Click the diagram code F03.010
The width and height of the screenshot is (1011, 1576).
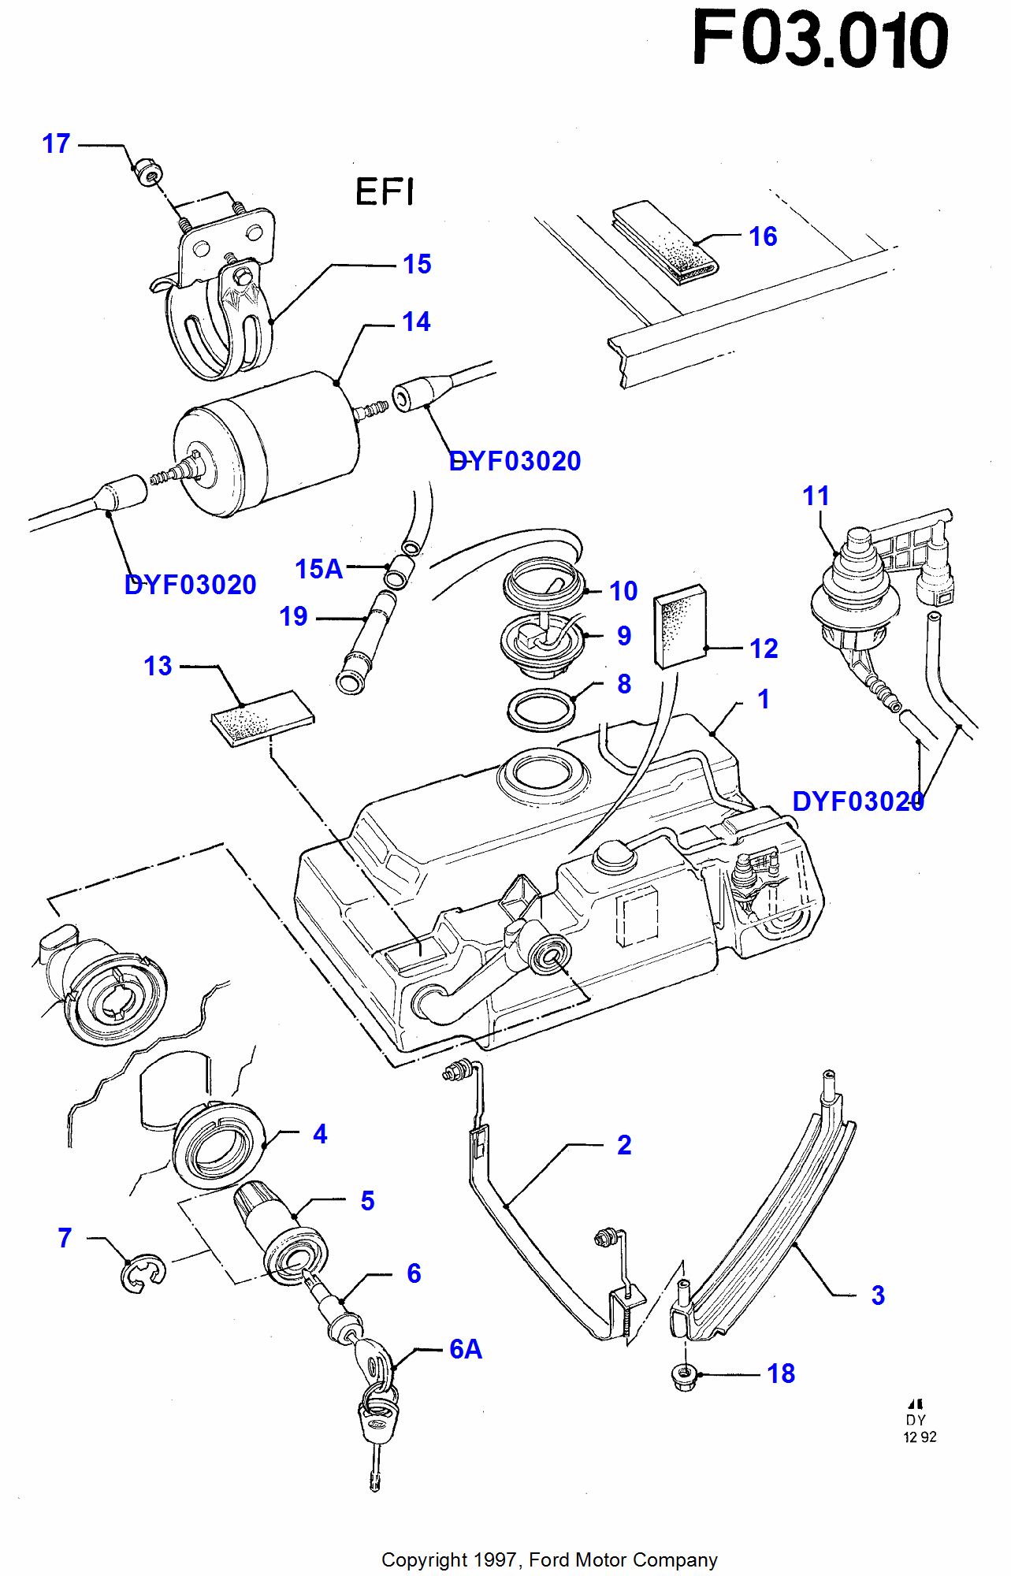click(820, 39)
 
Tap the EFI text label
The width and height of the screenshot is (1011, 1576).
click(385, 191)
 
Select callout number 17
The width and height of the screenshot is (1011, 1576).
click(56, 144)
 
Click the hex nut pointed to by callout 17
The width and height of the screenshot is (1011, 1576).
click(146, 171)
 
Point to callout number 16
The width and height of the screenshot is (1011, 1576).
click(763, 236)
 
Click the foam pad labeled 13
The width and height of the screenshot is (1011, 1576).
click(262, 718)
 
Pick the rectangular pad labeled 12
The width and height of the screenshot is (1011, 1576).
click(680, 626)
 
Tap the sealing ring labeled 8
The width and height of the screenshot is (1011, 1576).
click(541, 710)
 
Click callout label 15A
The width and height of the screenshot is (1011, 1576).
click(319, 569)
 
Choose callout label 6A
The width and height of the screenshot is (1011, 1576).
click(466, 1350)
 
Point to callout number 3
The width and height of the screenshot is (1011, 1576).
click(878, 1295)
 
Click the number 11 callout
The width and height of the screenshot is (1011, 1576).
click(816, 496)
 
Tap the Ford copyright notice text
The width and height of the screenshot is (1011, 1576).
click(549, 1559)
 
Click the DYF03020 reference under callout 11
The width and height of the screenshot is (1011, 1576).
click(858, 801)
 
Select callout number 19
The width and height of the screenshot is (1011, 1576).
click(293, 616)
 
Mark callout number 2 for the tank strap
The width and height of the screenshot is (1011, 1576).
click(624, 1145)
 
